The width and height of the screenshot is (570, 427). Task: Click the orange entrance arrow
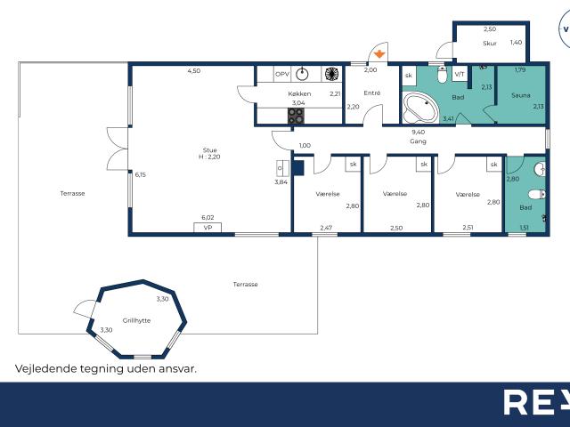(379, 54)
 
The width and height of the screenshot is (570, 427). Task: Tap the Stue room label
(210, 150)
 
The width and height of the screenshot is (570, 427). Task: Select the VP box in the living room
(208, 228)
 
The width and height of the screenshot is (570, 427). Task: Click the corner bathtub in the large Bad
(420, 108)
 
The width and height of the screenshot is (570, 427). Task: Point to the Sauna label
(520, 95)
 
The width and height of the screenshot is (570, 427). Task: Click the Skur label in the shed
(490, 44)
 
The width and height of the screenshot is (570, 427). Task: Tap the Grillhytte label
(136, 320)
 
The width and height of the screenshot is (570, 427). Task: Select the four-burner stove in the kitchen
(296, 117)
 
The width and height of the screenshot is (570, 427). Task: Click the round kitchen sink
(302, 74)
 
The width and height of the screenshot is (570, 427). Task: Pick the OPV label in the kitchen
(282, 74)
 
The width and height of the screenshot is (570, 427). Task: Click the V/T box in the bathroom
(460, 74)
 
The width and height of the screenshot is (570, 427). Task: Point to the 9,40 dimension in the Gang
(418, 133)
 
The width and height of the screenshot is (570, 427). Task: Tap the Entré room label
(372, 93)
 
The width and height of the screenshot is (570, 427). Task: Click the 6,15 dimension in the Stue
(141, 174)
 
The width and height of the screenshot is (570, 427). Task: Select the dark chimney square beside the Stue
(298, 168)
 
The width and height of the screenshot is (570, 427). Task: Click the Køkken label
(299, 93)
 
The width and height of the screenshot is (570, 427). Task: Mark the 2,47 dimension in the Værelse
(326, 228)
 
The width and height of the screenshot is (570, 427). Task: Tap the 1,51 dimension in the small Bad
(524, 228)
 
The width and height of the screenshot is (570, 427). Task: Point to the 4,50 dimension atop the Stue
(194, 71)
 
